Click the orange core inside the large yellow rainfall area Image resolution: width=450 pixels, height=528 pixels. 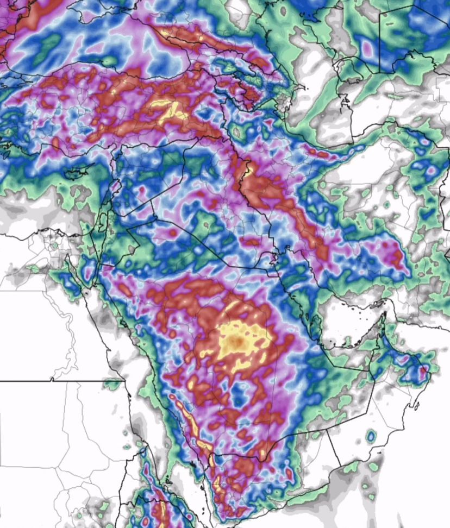[x=237, y=341]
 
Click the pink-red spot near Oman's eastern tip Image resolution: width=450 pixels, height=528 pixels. [x=423, y=372]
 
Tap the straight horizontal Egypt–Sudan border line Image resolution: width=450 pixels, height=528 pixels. [x=60, y=381]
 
